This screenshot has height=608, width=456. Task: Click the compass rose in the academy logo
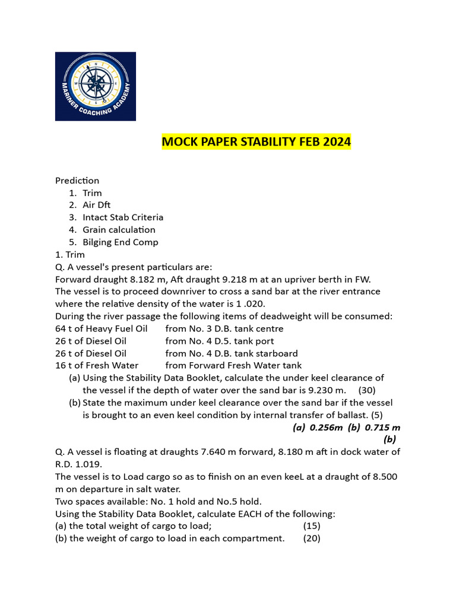tap(96, 85)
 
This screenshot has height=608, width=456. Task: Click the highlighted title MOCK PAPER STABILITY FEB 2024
tap(256, 142)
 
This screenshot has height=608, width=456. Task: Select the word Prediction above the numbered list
tap(77, 180)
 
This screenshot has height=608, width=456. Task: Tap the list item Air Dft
tap(97, 205)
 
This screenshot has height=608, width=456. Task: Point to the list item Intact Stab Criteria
tap(123, 217)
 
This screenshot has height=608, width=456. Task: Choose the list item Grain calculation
tap(119, 230)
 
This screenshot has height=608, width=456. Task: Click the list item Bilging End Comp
tap(121, 242)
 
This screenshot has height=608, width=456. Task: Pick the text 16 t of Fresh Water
tap(97, 365)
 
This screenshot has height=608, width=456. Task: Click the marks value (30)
tap(367, 390)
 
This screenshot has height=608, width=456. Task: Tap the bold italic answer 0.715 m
tap(382, 427)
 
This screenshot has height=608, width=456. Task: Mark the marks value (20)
tap(312, 538)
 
